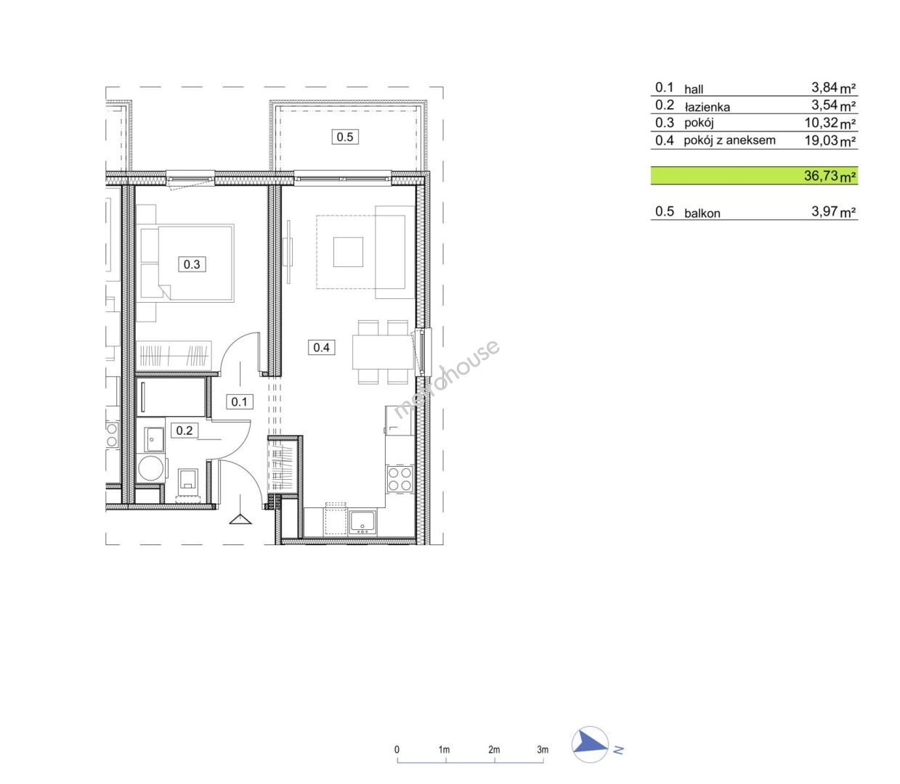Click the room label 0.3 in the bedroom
191,264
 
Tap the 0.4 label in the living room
321,348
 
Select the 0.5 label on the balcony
345,137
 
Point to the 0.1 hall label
239,401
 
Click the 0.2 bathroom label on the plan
185,430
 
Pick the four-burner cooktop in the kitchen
400,479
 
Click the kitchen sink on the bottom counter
363,523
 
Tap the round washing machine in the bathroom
150,468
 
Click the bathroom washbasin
153,439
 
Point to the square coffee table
348,252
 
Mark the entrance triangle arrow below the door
240,519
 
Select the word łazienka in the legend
707,107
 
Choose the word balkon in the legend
702,213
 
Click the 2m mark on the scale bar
494,750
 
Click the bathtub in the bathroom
171,397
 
